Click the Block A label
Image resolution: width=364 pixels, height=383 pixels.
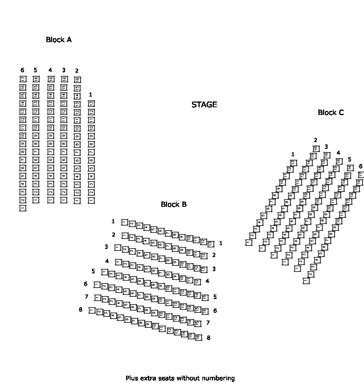(59, 40)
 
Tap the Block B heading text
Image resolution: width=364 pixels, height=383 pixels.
(174, 205)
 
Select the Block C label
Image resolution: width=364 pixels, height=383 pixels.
(331, 113)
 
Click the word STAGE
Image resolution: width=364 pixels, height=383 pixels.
(204, 105)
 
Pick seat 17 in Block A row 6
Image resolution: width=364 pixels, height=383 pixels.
(23, 79)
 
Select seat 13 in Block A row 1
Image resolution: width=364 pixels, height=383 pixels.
(91, 103)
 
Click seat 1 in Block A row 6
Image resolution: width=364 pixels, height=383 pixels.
(23, 208)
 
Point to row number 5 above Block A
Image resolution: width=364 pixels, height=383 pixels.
(35, 70)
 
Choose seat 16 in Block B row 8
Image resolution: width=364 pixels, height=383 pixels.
(198, 337)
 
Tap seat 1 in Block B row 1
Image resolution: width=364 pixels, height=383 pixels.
(125, 222)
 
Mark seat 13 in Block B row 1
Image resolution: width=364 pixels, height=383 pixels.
(210, 244)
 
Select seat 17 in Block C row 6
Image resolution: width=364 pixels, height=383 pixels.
(361, 175)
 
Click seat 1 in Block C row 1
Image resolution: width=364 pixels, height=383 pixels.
(249, 242)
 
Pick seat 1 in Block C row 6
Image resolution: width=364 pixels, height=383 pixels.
(306, 281)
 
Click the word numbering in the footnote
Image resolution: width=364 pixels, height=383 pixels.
(217, 378)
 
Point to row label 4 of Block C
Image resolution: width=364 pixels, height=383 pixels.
(338, 153)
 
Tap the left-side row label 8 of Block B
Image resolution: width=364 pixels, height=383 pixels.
(80, 309)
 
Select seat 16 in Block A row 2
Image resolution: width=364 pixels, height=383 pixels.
(77, 80)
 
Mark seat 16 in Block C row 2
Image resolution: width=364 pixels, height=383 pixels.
(316, 149)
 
